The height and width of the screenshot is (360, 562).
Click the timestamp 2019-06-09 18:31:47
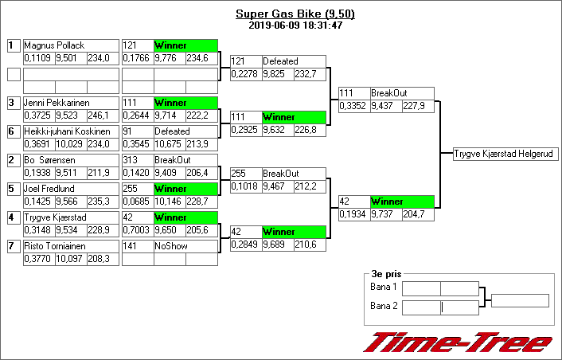(295, 25)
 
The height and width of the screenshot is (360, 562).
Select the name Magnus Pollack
(54, 45)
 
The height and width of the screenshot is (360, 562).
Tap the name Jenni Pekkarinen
(57, 103)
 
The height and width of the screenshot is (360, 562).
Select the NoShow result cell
(185, 246)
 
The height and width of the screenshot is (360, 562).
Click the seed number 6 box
(13, 131)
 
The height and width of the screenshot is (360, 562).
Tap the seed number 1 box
(13, 45)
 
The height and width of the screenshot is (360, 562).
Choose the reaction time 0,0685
(136, 202)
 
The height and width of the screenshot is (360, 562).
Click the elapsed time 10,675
(168, 144)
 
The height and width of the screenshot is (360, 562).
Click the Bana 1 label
(384, 287)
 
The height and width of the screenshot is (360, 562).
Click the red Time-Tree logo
(457, 342)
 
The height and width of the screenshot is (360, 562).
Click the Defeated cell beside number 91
(185, 131)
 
